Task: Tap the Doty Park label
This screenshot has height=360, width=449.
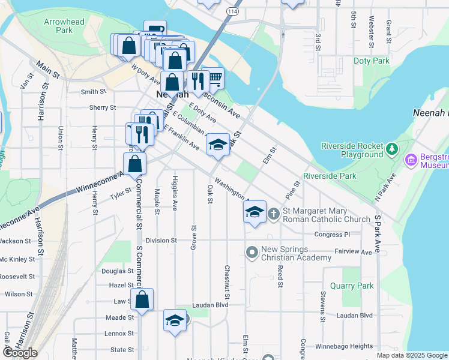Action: tap(372, 61)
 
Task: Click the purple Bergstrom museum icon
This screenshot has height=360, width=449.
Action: tap(411, 160)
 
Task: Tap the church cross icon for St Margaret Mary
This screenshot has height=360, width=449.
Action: tap(273, 213)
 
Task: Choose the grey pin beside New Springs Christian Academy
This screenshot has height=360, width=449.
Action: tap(252, 251)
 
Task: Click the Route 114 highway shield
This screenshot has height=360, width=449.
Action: tap(232, 11)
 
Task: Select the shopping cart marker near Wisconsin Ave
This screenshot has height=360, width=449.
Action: tap(214, 77)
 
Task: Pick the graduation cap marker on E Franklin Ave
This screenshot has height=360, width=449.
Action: tap(218, 145)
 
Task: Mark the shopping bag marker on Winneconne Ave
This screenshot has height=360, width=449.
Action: tap(135, 163)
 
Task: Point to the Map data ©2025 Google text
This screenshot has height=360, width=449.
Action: tap(411, 355)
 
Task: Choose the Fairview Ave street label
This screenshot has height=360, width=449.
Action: tap(354, 252)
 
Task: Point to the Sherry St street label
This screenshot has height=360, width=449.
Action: tap(102, 107)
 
